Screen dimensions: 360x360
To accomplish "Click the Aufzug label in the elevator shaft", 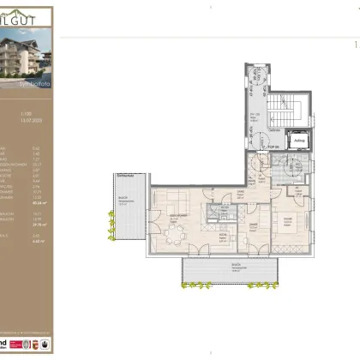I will coord(299,141).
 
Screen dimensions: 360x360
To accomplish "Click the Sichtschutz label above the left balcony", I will coord(125,176).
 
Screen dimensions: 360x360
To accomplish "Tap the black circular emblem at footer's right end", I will coord(47,346).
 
